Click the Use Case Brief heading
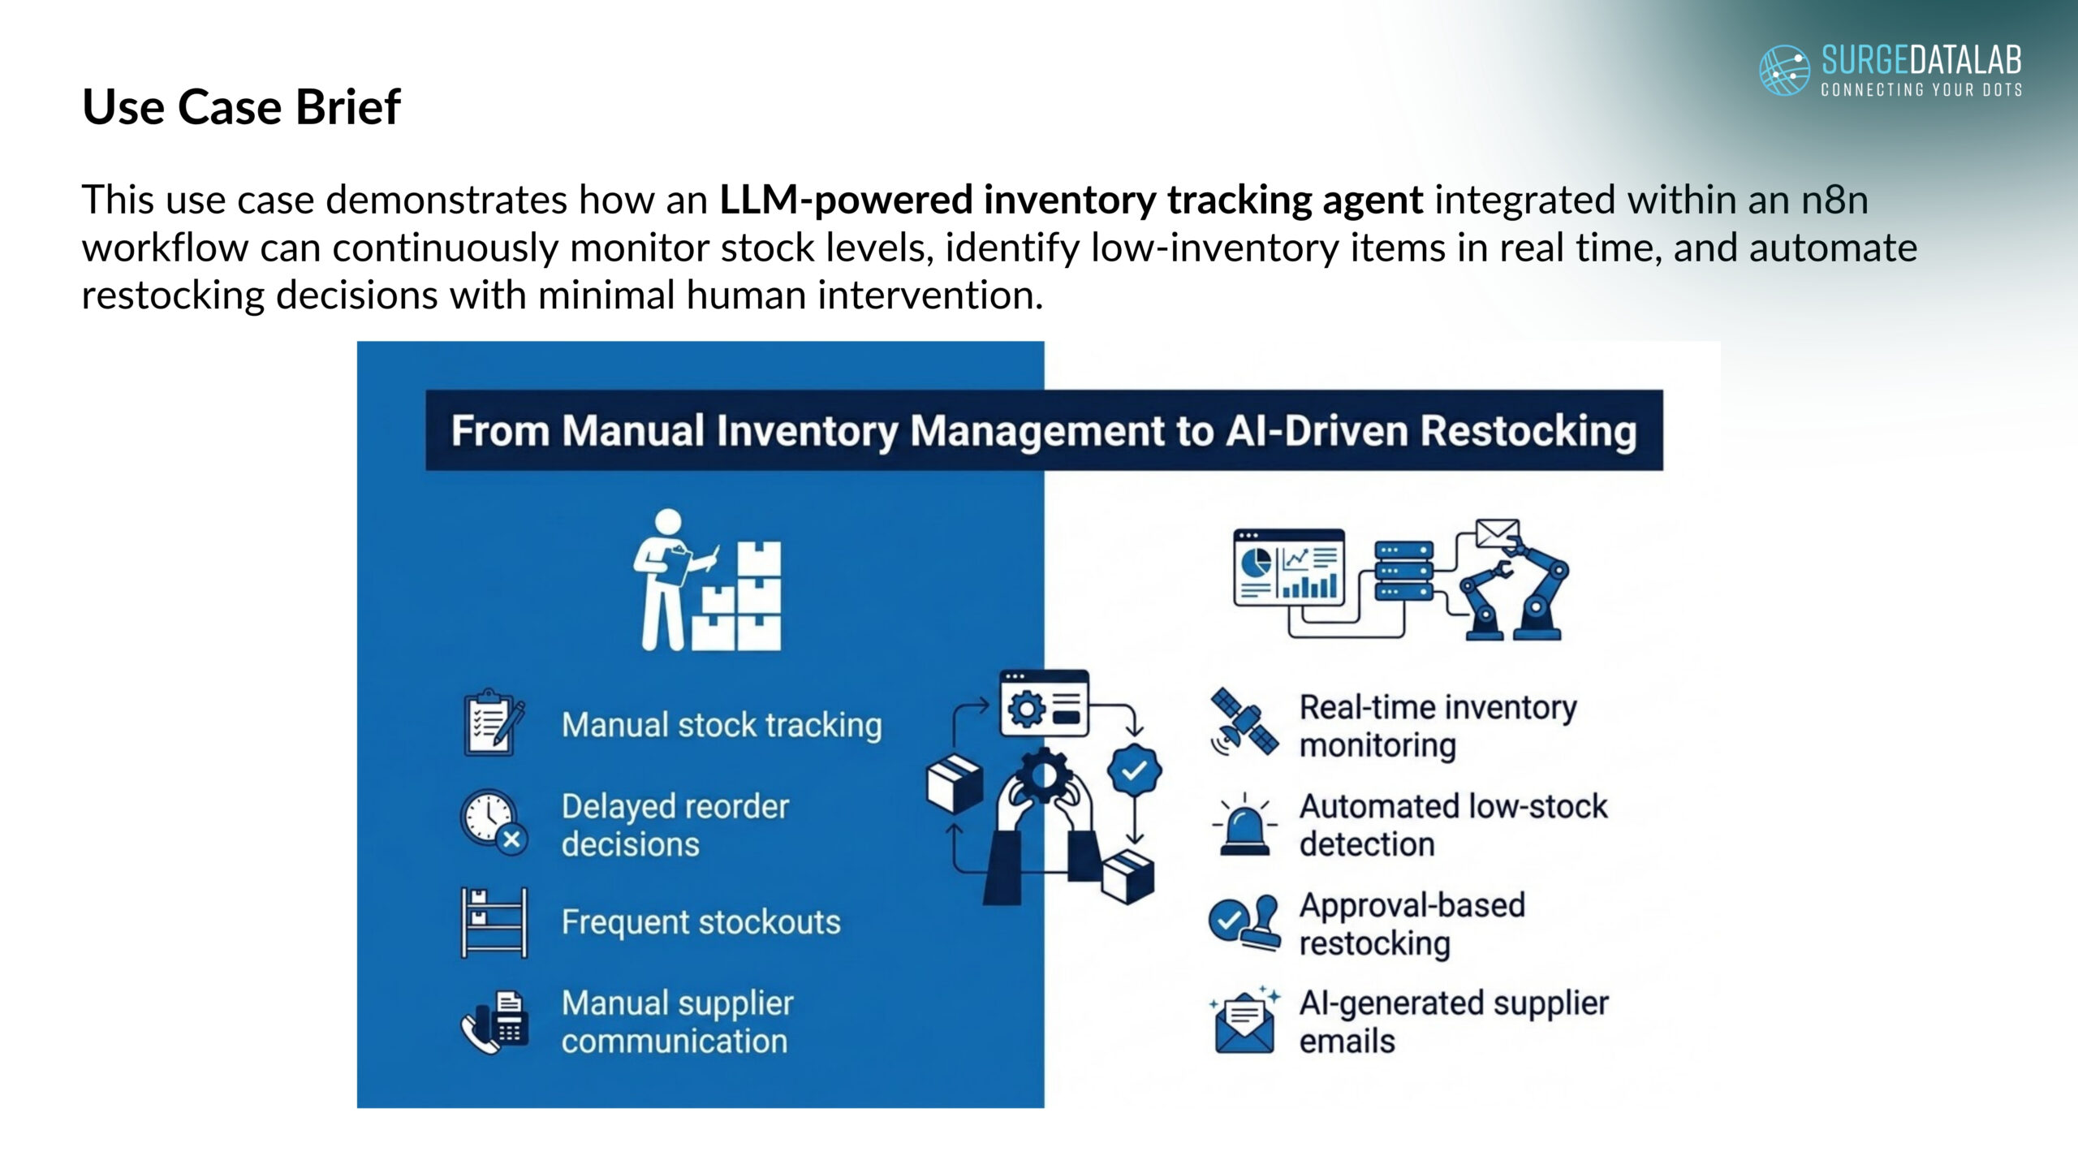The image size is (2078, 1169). [x=241, y=106]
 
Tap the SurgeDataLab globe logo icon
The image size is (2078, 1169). [x=1783, y=70]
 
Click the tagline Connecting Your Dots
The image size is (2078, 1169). [x=1921, y=89]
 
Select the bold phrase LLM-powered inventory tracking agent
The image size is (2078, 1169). [x=1071, y=200]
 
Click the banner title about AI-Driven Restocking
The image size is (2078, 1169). [x=1044, y=430]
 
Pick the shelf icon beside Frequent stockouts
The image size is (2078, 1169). [x=494, y=922]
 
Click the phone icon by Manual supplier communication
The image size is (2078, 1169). [x=494, y=1022]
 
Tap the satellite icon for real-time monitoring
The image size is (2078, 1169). [x=1244, y=723]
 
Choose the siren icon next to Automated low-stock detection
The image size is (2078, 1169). [x=1244, y=823]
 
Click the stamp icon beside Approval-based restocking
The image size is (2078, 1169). [x=1244, y=922]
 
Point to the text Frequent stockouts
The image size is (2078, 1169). [x=701, y=922]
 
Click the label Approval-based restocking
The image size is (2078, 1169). [x=1412, y=924]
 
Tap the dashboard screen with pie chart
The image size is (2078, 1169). [x=1289, y=567]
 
